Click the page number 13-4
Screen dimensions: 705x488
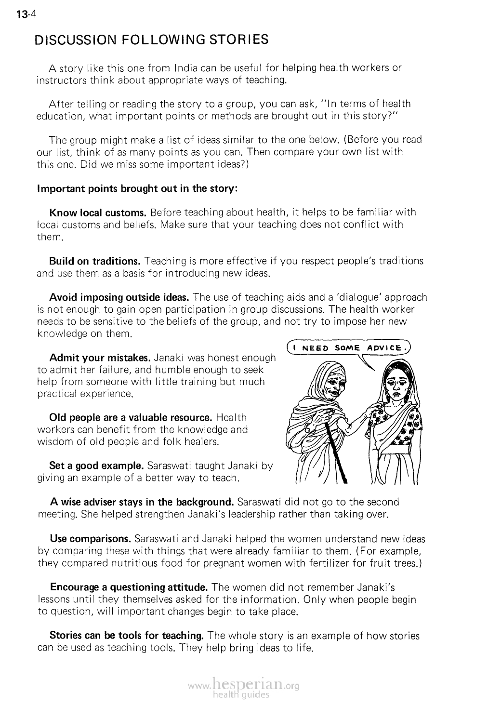click(22, 15)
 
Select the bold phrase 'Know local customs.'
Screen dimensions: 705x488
click(98, 213)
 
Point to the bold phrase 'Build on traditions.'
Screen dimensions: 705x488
click(94, 261)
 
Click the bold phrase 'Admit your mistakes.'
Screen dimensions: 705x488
click(100, 358)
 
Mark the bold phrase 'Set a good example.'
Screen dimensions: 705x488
click(96, 466)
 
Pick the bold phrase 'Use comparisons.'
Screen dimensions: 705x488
click(91, 538)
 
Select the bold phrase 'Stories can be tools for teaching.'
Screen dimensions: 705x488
click(127, 636)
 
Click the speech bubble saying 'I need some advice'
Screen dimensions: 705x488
click(349, 348)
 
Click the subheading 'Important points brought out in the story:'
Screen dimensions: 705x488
click(137, 188)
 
